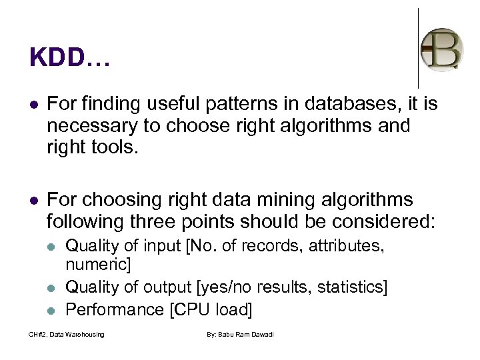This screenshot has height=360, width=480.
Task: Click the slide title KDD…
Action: (x=69, y=58)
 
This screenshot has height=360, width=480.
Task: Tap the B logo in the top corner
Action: (x=441, y=49)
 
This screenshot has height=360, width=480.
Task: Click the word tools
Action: (x=117, y=147)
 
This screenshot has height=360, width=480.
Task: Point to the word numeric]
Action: (x=98, y=265)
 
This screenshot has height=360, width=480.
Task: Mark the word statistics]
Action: (x=353, y=287)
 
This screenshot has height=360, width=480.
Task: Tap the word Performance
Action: (x=115, y=309)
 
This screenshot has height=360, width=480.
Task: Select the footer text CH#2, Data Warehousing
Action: (x=66, y=334)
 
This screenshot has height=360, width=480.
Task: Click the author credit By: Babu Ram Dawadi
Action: (x=240, y=334)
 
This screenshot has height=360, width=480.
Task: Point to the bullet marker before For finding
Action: (x=33, y=104)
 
